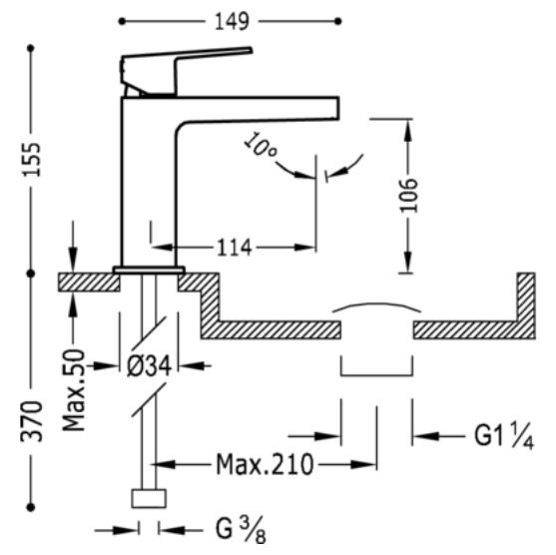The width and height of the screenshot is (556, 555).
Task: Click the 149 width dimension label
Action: pyautogui.click(x=233, y=22)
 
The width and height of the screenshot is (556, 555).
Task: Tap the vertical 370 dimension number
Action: pyautogui.click(x=31, y=421)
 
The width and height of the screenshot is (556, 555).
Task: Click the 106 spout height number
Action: pyautogui.click(x=409, y=195)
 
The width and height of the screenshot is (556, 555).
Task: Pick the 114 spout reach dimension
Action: pyautogui.click(x=234, y=248)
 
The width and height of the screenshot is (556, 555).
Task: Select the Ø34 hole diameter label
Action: pyautogui.click(x=150, y=366)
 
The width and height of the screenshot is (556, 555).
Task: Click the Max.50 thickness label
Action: pyautogui.click(x=74, y=390)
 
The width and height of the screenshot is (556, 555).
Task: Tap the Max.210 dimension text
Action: pyautogui.click(x=265, y=464)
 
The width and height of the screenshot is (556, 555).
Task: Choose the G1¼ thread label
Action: pyautogui.click(x=504, y=436)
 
